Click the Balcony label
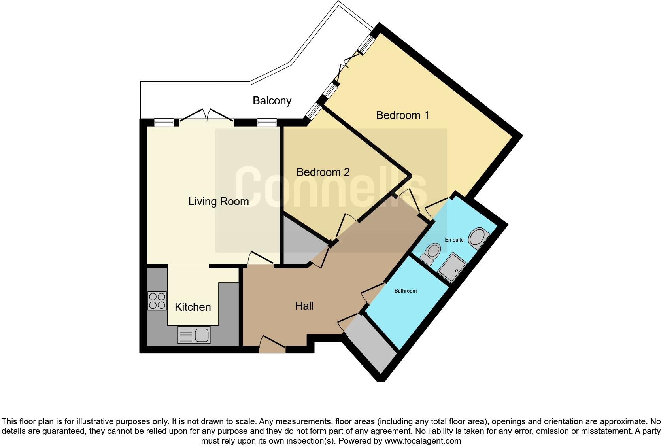(272, 101)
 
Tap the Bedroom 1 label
(402, 115)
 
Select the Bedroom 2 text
(323, 172)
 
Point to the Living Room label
(218, 202)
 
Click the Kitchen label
(193, 307)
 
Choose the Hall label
(304, 306)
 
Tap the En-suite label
(454, 240)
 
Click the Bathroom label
(405, 291)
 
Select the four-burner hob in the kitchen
(157, 301)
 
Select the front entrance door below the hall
(272, 344)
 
